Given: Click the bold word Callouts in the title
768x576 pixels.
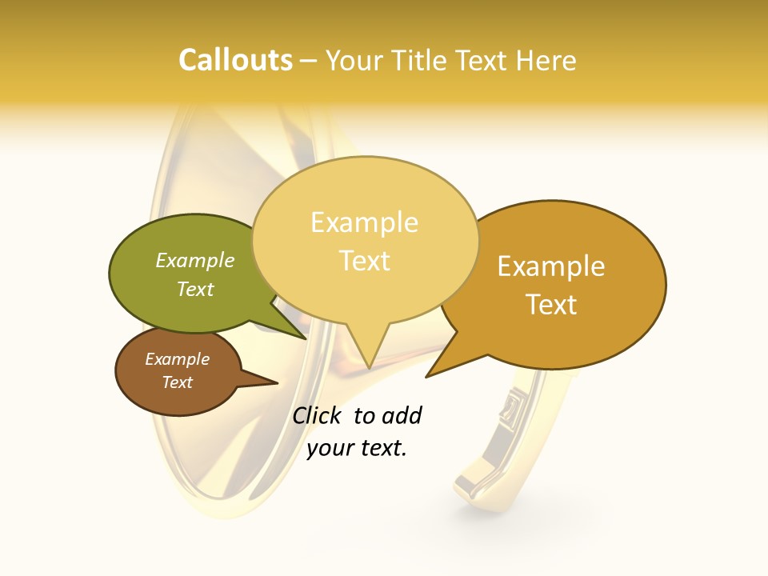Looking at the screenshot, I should [235, 60].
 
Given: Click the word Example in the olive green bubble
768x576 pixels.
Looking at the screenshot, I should [194, 260].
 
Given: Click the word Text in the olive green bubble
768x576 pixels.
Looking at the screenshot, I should [194, 289].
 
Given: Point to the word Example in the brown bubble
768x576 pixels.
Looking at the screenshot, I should [177, 359].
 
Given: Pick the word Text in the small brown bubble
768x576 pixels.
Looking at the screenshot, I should [177, 382].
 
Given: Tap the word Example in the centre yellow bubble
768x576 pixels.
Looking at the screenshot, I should [364, 222].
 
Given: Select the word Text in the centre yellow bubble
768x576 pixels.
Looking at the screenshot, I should [365, 260].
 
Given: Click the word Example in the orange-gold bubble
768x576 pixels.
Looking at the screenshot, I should [551, 266].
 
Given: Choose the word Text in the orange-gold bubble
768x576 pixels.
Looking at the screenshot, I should [551, 305].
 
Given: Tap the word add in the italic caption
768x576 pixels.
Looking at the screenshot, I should [402, 415].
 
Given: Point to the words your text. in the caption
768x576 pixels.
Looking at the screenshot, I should [357, 448].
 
